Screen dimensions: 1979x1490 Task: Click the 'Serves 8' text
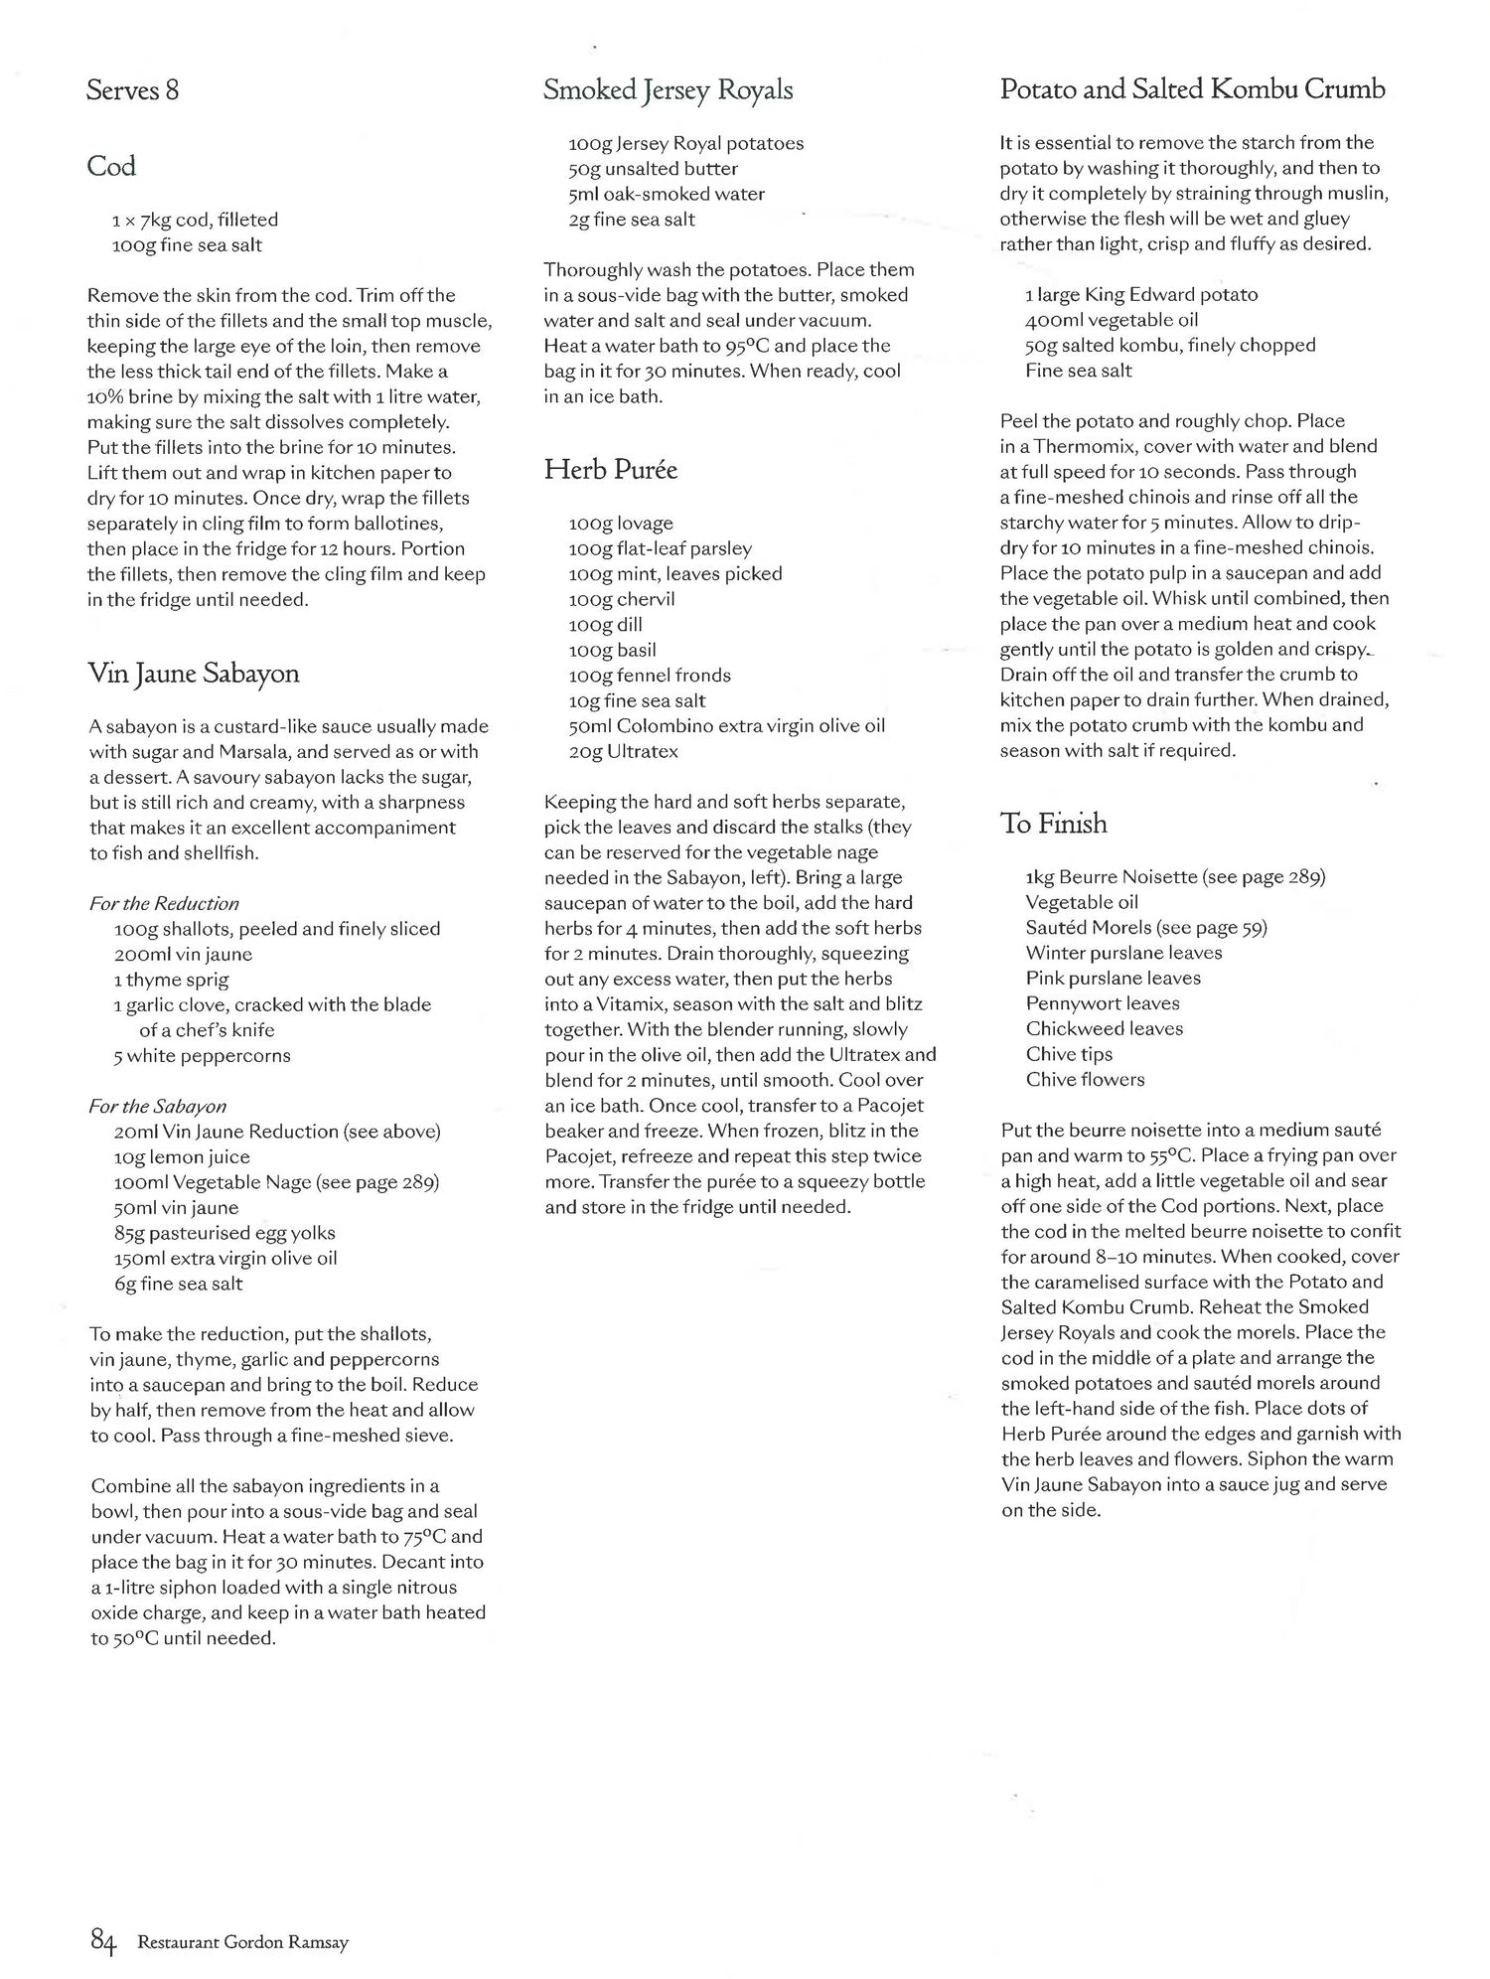pyautogui.click(x=133, y=91)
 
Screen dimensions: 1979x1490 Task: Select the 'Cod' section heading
pyautogui.click(x=111, y=166)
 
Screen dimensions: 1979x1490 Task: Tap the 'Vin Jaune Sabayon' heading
pyautogui.click(x=194, y=674)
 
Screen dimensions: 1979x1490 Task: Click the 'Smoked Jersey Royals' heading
pyautogui.click(x=668, y=90)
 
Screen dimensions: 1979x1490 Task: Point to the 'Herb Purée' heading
pyautogui.click(x=610, y=470)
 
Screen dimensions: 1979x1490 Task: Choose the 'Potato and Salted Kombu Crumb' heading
pyautogui.click(x=1192, y=89)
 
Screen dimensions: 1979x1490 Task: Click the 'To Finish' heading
pyautogui.click(x=1053, y=824)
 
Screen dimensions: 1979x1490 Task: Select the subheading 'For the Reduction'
pyautogui.click(x=164, y=904)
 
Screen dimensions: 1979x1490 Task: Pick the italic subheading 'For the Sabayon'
pyautogui.click(x=157, y=1107)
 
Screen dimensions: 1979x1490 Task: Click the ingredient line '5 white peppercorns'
pyautogui.click(x=202, y=1056)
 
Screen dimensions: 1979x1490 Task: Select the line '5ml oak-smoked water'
pyautogui.click(x=667, y=195)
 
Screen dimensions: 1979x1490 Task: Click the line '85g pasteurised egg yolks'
pyautogui.click(x=224, y=1233)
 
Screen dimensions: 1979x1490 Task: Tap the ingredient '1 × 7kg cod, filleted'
pyautogui.click(x=195, y=220)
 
